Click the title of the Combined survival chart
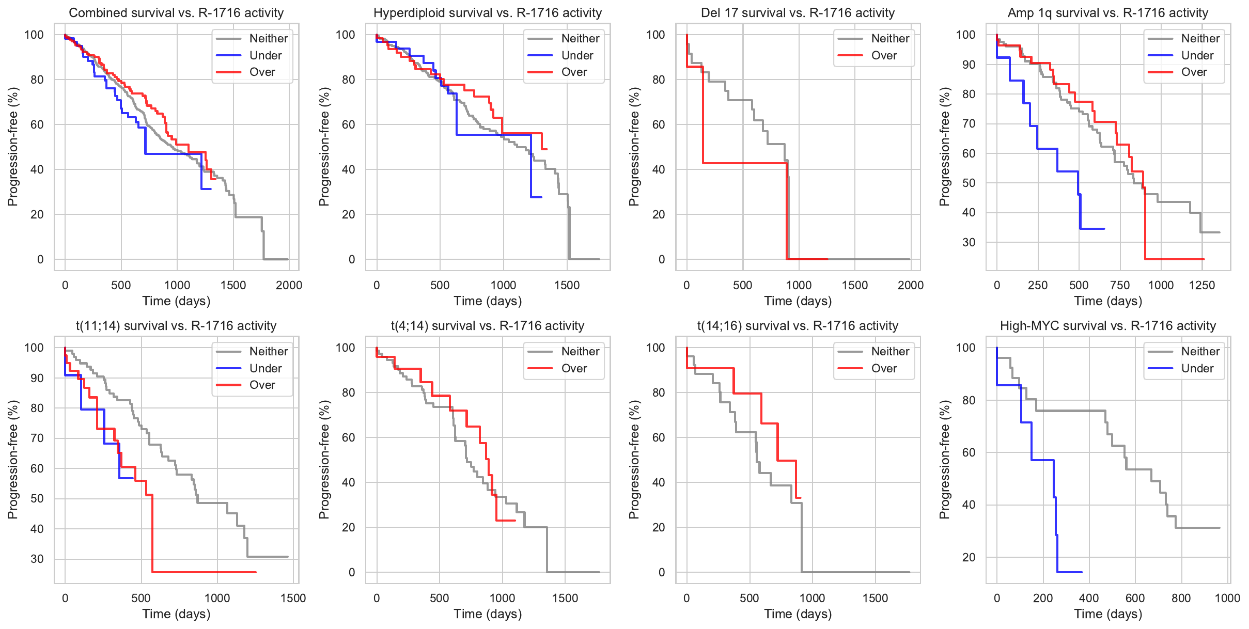click(x=176, y=13)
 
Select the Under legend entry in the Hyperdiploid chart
click(x=577, y=55)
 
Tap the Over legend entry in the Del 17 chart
click(x=884, y=55)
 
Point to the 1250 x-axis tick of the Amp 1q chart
click(x=1202, y=285)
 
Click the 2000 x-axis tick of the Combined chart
click(x=289, y=285)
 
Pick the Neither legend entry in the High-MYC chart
click(x=1200, y=351)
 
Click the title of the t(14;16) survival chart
click(x=798, y=326)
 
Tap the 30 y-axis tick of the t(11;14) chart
click(x=37, y=559)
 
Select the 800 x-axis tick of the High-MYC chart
click(x=1181, y=598)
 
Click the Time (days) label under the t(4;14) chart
click(x=488, y=614)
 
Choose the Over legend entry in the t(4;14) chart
click(x=574, y=368)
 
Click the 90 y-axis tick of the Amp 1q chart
click(x=965, y=65)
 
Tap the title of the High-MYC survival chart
click(x=1108, y=326)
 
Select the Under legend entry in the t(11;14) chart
click(x=266, y=368)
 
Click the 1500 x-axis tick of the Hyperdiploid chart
click(x=567, y=285)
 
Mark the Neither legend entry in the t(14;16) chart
click(x=890, y=351)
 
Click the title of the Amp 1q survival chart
click(x=1108, y=13)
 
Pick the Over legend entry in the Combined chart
click(x=262, y=72)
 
